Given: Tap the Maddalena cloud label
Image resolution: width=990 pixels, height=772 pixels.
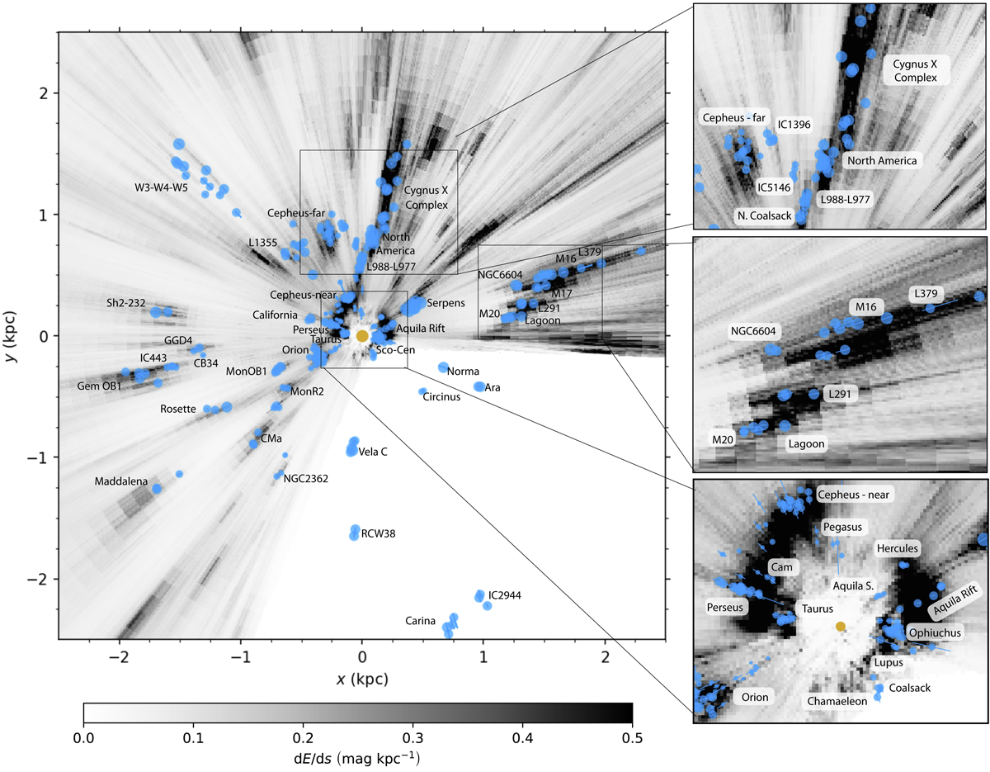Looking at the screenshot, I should click(121, 481).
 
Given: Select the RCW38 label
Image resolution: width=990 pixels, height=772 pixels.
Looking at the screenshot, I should click(379, 533).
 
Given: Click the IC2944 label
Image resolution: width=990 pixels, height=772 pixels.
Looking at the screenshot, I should click(505, 594).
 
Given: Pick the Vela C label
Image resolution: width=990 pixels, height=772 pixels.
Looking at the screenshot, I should click(374, 450).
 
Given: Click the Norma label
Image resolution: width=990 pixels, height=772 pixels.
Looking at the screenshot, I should click(464, 372).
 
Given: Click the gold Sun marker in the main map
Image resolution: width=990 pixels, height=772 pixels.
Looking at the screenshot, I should click(361, 335).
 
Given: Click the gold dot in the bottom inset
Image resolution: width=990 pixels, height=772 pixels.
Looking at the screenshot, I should click(840, 627).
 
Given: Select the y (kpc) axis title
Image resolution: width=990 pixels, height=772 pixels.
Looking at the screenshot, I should click(14, 335).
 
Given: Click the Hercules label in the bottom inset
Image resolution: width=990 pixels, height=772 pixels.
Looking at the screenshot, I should click(896, 548).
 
